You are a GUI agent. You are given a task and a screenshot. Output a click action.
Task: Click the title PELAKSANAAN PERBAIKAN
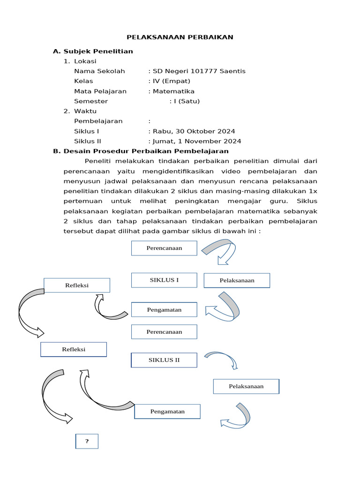pos(180,37)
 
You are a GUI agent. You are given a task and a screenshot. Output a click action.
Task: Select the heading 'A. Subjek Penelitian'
pos(93,51)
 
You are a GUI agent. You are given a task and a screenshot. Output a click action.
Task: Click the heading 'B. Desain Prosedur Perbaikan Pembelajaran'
pos(141,151)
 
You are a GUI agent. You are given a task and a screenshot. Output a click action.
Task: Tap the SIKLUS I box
pos(164,280)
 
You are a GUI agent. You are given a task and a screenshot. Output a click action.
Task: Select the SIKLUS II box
pos(164,360)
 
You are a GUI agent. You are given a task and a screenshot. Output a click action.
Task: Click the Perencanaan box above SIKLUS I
pos(164,248)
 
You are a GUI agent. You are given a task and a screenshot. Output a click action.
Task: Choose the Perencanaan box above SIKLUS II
pos(164,332)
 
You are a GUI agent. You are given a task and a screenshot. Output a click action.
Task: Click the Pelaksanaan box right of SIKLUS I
pos(237,280)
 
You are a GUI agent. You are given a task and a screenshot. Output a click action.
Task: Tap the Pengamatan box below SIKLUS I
pos(164,310)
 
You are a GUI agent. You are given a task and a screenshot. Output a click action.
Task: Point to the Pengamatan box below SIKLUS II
pos(167,412)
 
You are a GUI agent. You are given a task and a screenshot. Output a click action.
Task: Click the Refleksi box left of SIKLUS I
pos(77,285)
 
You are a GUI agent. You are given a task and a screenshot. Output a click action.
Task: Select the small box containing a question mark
pos(87,441)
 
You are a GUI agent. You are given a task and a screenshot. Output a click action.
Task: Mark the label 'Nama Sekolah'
pos(99,71)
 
